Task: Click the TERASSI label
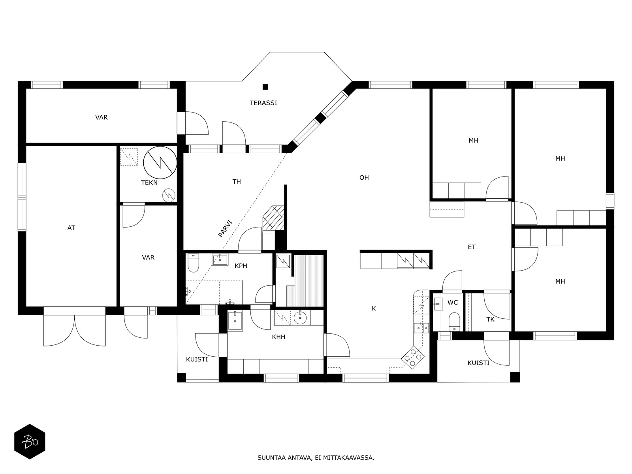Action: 263,103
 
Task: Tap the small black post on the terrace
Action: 265,87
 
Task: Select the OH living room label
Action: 364,178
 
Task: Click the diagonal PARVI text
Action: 225,229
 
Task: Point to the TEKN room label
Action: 149,182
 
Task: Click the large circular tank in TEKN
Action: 160,163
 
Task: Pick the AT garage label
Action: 71,228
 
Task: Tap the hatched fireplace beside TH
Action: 273,218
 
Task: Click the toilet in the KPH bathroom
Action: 193,262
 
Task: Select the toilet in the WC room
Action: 454,322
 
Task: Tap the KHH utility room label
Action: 278,337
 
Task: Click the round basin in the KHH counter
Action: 300,318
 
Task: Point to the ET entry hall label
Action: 471,247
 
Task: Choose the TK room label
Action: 490,320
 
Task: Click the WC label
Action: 453,303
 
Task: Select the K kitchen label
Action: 374,308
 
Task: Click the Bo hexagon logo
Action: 30,442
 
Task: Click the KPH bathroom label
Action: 241,266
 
